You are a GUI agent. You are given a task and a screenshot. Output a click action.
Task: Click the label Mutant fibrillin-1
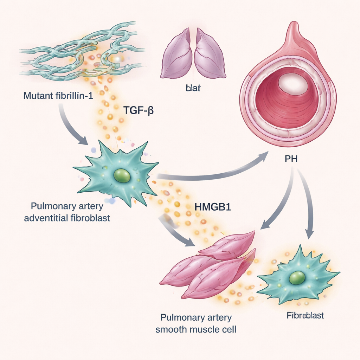[58, 95]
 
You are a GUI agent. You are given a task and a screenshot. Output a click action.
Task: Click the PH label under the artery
[291, 159]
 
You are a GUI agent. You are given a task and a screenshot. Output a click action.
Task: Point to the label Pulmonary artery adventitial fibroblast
[67, 212]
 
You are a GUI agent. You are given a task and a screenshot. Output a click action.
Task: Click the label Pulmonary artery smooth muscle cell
[196, 323]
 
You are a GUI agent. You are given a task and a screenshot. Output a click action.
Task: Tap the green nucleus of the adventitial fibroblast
[122, 175]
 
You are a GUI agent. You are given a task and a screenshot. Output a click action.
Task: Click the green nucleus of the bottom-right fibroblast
[297, 277]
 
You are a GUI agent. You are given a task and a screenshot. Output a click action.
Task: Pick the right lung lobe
[210, 54]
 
